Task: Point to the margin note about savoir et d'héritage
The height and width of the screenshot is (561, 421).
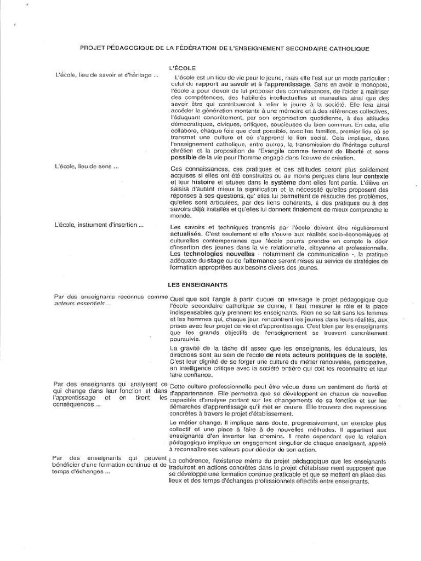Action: point(107,75)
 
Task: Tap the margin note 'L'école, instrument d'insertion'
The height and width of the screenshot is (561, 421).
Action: point(99,225)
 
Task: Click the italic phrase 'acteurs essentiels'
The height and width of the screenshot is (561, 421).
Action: point(82,304)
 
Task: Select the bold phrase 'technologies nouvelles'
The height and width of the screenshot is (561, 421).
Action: point(212,254)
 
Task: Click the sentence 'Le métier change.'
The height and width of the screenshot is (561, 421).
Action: point(194,423)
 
